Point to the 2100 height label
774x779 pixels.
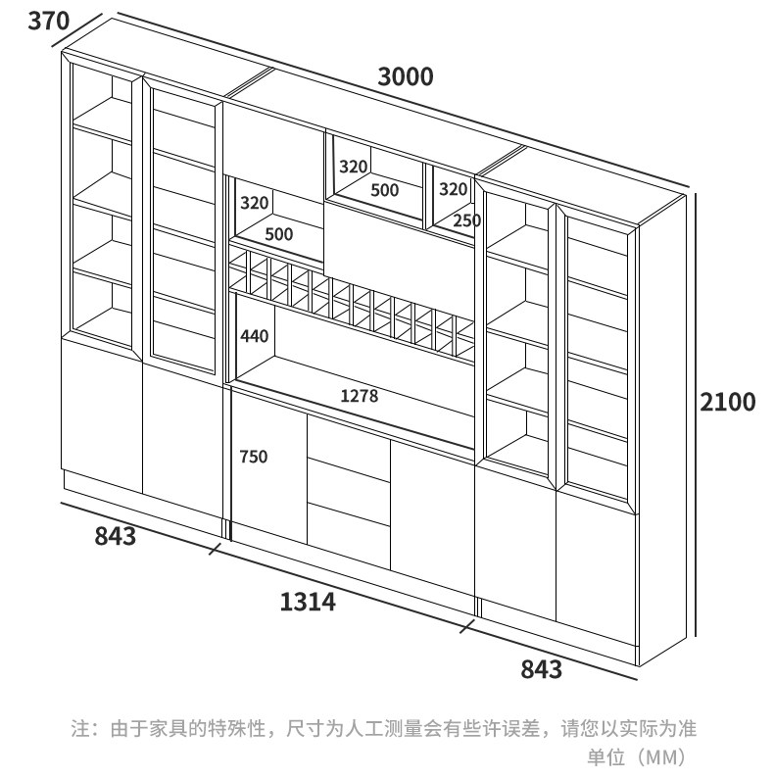tap(726, 402)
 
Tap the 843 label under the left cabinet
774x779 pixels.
tap(115, 536)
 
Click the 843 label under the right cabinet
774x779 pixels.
tap(541, 669)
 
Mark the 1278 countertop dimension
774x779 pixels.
tap(359, 396)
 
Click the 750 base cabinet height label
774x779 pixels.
tap(253, 457)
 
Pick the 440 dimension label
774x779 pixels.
tap(254, 336)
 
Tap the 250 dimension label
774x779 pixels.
tap(466, 220)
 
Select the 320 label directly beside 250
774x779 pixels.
tap(453, 188)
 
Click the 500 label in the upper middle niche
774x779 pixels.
tap(384, 190)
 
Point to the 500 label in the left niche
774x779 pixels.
tap(279, 234)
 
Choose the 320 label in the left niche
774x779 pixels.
tap(254, 203)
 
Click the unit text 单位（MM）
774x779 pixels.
tap(640, 757)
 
